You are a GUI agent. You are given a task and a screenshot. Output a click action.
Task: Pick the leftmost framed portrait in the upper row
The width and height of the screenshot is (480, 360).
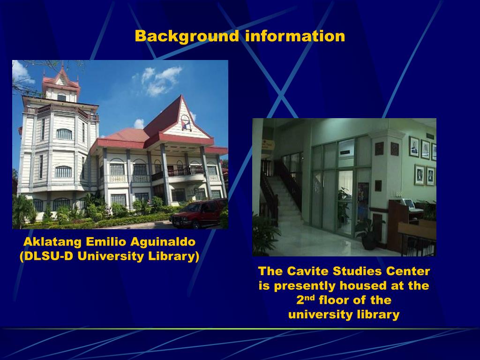413,146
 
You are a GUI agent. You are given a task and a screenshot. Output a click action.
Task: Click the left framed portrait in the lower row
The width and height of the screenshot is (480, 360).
419,175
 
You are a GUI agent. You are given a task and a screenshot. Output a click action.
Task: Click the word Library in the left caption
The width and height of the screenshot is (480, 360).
174,257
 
